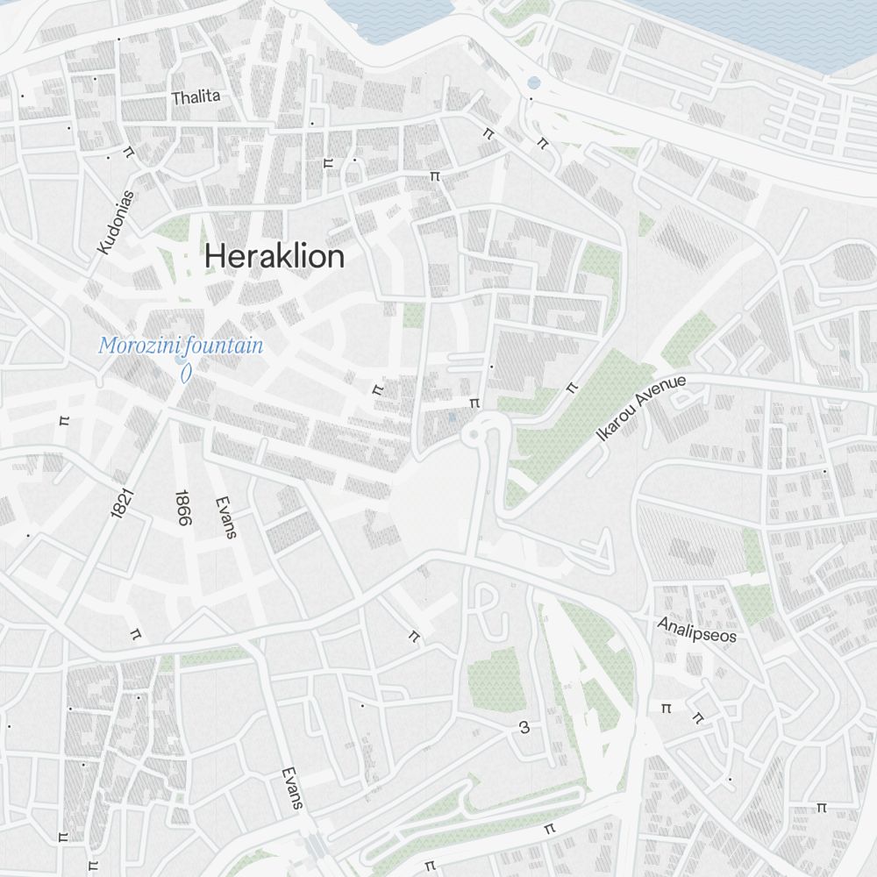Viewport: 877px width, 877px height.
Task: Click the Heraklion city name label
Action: pos(275,257)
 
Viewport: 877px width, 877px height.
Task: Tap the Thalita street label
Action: pos(196,96)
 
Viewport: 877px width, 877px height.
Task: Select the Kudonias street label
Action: pos(116,223)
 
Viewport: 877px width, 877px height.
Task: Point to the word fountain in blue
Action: pos(224,346)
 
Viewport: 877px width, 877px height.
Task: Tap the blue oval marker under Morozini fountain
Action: pos(185,372)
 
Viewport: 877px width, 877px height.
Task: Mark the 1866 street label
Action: pos(182,508)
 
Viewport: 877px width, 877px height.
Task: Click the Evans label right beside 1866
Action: pos(226,517)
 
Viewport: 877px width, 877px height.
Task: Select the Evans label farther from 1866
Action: pos(292,788)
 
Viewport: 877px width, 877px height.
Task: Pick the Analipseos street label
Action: pos(697,629)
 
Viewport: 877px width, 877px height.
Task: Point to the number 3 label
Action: pos(524,727)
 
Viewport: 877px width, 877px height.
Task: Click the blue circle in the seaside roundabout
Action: pos(533,84)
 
